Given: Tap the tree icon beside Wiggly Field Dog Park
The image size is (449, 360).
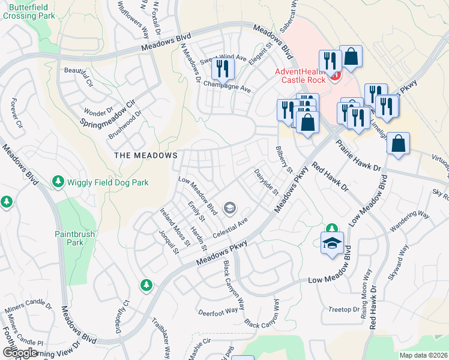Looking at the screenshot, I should pos(58,181).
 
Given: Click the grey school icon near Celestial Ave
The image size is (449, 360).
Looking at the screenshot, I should pos(229,208).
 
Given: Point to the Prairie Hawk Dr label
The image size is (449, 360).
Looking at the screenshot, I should pos(358,155).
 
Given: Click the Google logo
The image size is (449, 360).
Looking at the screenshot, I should pos(20,352).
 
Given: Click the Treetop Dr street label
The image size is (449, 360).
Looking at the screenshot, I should pos(344,310).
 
